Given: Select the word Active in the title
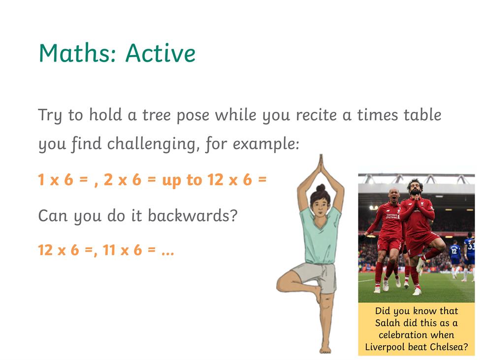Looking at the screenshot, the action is [160, 53].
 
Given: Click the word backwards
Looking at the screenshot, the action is [192, 215].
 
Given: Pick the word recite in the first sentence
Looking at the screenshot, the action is [316, 115].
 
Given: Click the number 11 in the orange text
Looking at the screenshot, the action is [109, 250].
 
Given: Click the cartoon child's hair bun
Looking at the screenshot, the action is [320, 188].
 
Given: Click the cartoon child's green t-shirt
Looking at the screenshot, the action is [320, 236].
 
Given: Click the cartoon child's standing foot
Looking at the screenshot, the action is [325, 349].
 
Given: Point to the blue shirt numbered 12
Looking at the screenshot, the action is [455, 251].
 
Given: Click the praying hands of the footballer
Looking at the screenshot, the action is [416, 201].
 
